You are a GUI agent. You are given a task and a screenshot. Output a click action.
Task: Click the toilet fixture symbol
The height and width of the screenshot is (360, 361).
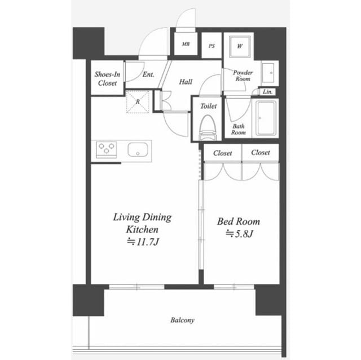click(208, 127)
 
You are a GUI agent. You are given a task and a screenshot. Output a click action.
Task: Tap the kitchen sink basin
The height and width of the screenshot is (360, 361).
click(138, 150)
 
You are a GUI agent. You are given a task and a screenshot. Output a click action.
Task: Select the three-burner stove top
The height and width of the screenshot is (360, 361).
click(107, 150)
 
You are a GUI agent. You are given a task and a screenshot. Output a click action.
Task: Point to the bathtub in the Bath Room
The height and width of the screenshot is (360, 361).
click(266, 118)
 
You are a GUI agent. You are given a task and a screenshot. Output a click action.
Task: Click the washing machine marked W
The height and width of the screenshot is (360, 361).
click(240, 46)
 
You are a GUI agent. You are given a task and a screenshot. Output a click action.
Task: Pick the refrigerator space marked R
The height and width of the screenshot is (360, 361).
click(138, 101)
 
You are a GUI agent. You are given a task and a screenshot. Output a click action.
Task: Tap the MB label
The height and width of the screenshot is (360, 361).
click(186, 44)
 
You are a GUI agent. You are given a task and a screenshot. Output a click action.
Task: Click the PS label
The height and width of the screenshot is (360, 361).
click(212, 46)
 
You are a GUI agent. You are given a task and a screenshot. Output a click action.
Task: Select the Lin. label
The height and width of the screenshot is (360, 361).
click(268, 92)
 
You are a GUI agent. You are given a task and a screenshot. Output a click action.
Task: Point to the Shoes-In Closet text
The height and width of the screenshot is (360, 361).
click(107, 79)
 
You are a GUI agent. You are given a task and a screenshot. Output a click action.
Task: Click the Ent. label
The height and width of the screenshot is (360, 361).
click(148, 74)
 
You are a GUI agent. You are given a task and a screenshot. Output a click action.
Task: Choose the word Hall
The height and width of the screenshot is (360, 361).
click(186, 82)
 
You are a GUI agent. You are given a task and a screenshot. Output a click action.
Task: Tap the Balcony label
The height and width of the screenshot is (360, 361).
click(182, 320)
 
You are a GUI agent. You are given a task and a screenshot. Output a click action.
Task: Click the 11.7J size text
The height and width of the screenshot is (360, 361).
click(143, 242)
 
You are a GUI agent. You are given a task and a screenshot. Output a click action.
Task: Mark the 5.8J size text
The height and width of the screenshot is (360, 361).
click(239, 234)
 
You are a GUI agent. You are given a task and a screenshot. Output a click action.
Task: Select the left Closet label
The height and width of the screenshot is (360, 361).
click(222, 153)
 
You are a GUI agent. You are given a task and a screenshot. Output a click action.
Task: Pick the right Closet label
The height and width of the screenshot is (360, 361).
click(261, 153)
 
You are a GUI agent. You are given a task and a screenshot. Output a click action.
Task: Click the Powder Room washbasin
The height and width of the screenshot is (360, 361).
click(268, 73)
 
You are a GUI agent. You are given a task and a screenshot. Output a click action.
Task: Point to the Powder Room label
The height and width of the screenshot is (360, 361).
click(243, 75)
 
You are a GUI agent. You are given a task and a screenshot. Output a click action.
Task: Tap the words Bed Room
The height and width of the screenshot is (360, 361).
click(239, 221)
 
